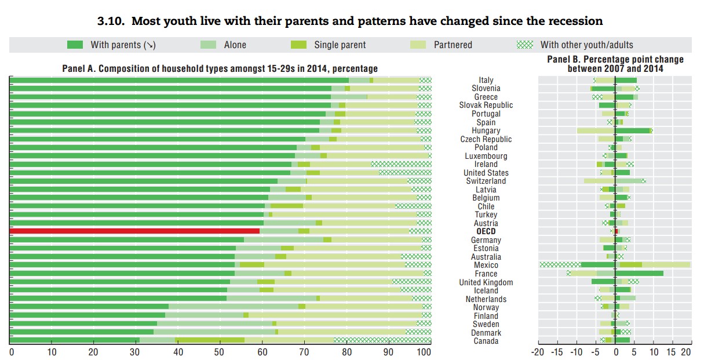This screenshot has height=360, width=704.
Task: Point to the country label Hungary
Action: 486,131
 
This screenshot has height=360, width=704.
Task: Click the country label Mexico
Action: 486,265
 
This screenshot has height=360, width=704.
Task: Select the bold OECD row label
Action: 486,231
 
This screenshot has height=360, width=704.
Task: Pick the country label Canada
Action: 486,341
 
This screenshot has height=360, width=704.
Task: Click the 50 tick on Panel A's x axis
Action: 220,352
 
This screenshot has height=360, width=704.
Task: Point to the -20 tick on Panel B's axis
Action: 538,352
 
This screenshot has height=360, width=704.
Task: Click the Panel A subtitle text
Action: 220,68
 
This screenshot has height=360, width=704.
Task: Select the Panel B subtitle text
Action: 615,64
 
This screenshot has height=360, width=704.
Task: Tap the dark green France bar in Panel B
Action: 639,273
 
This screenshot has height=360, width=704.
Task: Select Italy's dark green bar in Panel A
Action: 180,80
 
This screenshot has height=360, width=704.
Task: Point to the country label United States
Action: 486,173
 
